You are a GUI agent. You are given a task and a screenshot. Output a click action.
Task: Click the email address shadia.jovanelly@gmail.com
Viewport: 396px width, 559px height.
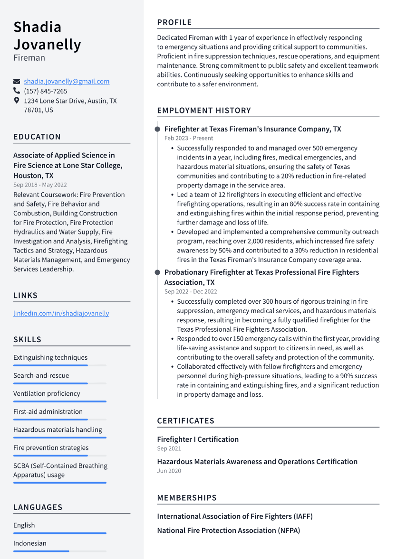(x=67, y=81)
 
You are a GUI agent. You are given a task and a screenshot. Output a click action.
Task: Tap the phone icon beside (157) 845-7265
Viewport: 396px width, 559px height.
(x=17, y=91)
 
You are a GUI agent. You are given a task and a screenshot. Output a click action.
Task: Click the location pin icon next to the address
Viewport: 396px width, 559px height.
(x=17, y=101)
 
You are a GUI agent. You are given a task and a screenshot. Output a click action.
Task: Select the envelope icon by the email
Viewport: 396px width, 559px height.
(x=17, y=81)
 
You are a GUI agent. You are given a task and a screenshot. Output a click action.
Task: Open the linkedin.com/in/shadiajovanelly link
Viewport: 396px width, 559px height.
(x=61, y=313)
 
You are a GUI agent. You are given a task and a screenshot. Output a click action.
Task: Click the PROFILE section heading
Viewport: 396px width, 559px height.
(x=174, y=22)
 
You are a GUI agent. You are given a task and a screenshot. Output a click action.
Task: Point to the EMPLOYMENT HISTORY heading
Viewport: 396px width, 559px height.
(x=204, y=111)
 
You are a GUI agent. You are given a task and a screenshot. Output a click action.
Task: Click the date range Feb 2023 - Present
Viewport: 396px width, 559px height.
(x=189, y=138)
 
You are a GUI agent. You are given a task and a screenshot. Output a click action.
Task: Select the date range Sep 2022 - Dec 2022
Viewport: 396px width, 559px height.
(x=191, y=291)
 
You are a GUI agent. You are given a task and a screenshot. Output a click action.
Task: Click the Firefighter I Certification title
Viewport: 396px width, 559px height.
(x=198, y=439)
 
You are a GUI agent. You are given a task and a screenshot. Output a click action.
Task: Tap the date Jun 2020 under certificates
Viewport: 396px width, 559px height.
(x=169, y=471)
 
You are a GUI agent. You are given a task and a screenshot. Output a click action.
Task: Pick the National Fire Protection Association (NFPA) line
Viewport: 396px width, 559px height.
(x=229, y=531)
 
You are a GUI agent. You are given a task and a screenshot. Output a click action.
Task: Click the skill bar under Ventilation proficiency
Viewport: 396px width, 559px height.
(x=59, y=401)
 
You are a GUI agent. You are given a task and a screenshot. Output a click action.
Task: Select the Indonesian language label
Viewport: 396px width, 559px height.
(x=29, y=543)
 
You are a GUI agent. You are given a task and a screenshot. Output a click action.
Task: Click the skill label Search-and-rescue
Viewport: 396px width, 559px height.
(x=41, y=375)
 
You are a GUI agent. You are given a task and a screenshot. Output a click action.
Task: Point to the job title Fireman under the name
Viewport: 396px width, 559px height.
(x=29, y=58)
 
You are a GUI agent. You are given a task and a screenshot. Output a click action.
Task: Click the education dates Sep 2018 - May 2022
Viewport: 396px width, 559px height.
(x=40, y=185)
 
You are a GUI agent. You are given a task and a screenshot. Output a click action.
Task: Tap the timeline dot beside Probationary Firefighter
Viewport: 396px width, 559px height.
(x=157, y=272)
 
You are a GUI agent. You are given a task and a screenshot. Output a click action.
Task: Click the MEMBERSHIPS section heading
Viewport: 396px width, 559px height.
(x=187, y=498)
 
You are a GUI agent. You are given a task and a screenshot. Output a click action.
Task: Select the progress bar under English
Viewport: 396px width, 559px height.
(x=59, y=533)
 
